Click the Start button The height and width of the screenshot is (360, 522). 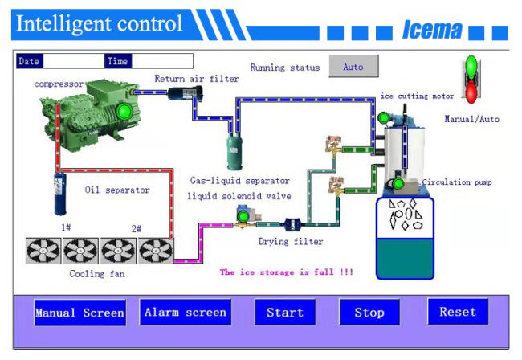click(285, 312)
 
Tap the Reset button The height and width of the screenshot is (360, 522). click(458, 311)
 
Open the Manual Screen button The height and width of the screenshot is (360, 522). click(80, 313)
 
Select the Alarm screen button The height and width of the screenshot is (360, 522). click(186, 312)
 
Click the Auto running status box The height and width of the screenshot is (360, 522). click(353, 66)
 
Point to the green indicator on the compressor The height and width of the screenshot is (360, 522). click(124, 111)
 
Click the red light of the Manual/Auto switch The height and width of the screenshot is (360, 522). click(471, 92)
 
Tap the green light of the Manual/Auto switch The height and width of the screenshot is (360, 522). click(471, 67)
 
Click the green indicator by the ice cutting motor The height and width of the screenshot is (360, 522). click(384, 117)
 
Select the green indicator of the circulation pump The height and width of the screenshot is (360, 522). click(398, 183)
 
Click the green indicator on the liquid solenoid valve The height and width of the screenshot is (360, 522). click(243, 217)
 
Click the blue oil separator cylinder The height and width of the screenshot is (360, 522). click(60, 194)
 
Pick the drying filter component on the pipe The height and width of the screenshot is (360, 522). click(292, 224)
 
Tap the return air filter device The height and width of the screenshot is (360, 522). click(185, 93)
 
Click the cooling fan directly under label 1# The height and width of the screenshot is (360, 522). click(80, 251)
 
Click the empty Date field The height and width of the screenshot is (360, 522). click(74, 61)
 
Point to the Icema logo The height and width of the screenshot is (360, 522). click(432, 30)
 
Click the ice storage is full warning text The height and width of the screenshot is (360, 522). click(287, 272)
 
